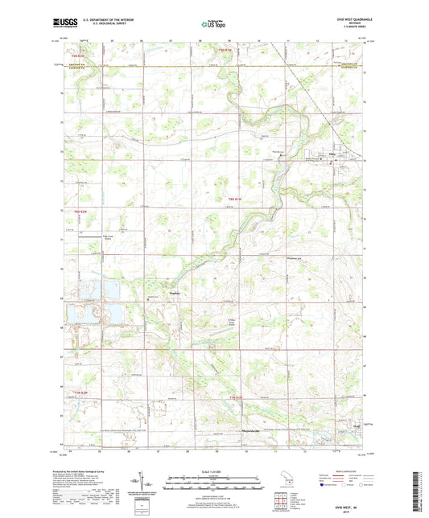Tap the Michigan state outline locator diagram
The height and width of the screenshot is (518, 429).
282,484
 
